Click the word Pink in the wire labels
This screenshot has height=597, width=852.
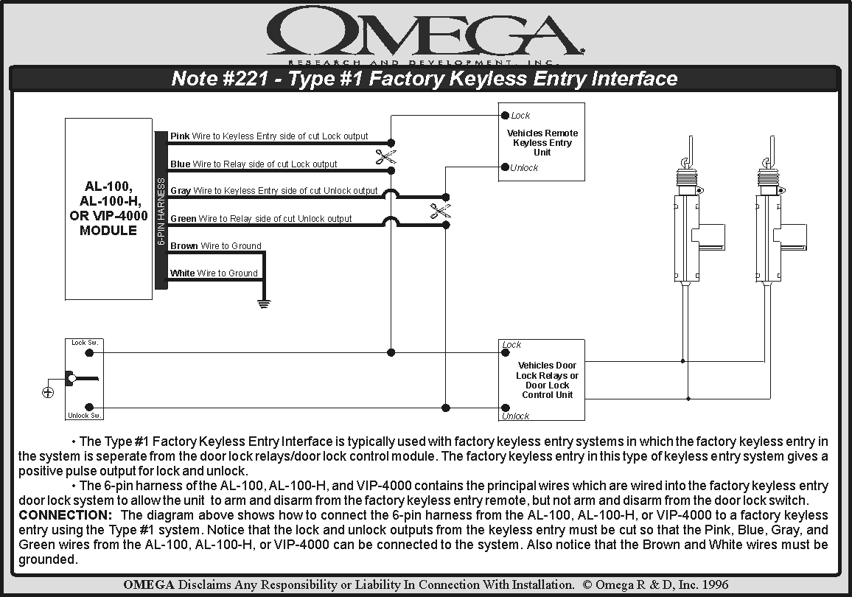click(180, 136)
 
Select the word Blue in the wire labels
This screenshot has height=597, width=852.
click(180, 164)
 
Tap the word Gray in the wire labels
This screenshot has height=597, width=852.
click(181, 191)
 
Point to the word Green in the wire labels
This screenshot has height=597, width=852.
click(184, 219)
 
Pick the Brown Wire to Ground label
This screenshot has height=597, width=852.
click(215, 246)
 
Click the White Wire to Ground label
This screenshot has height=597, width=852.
click(214, 273)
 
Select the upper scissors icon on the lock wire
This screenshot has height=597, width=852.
click(385, 156)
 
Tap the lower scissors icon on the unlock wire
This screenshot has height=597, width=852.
click(440, 212)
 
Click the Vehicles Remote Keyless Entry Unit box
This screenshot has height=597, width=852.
click(542, 142)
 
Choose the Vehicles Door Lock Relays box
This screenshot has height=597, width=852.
click(542, 380)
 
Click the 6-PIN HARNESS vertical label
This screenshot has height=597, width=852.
click(161, 211)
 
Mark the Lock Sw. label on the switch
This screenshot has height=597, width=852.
click(84, 343)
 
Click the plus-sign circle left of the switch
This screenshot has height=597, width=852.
click(48, 392)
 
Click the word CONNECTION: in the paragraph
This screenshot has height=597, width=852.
click(65, 514)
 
